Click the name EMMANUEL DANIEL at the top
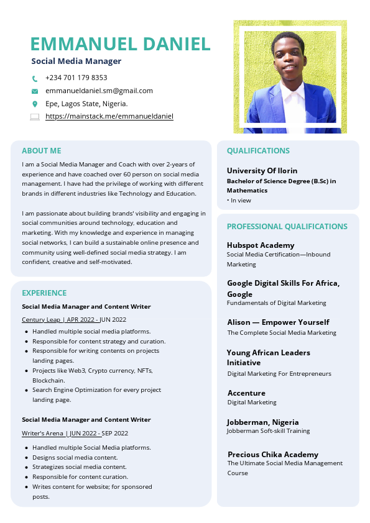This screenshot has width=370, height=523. click(x=121, y=44)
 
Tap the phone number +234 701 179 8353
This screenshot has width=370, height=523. click(x=76, y=78)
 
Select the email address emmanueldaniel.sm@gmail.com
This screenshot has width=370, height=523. click(x=99, y=91)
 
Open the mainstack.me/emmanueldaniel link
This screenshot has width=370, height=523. click(x=109, y=116)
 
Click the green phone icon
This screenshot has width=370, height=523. click(x=35, y=79)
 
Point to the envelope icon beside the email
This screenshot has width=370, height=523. click(x=35, y=91)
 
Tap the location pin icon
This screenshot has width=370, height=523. click(x=35, y=104)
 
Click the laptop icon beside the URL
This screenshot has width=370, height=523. click(x=35, y=117)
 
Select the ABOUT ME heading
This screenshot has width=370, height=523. click(x=42, y=150)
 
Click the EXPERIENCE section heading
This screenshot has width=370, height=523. click(x=44, y=293)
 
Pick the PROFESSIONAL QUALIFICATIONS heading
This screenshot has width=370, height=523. click(x=287, y=226)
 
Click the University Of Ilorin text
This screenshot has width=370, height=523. click(x=262, y=170)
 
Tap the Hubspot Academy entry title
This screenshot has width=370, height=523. click(x=261, y=245)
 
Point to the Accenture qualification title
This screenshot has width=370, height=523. click(x=246, y=393)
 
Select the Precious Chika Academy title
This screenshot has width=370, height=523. click(x=273, y=454)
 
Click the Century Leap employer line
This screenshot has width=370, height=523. click(x=74, y=319)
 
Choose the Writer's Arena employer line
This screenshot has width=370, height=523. click(x=75, y=433)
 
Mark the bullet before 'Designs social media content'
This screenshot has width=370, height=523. click(x=26, y=457)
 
